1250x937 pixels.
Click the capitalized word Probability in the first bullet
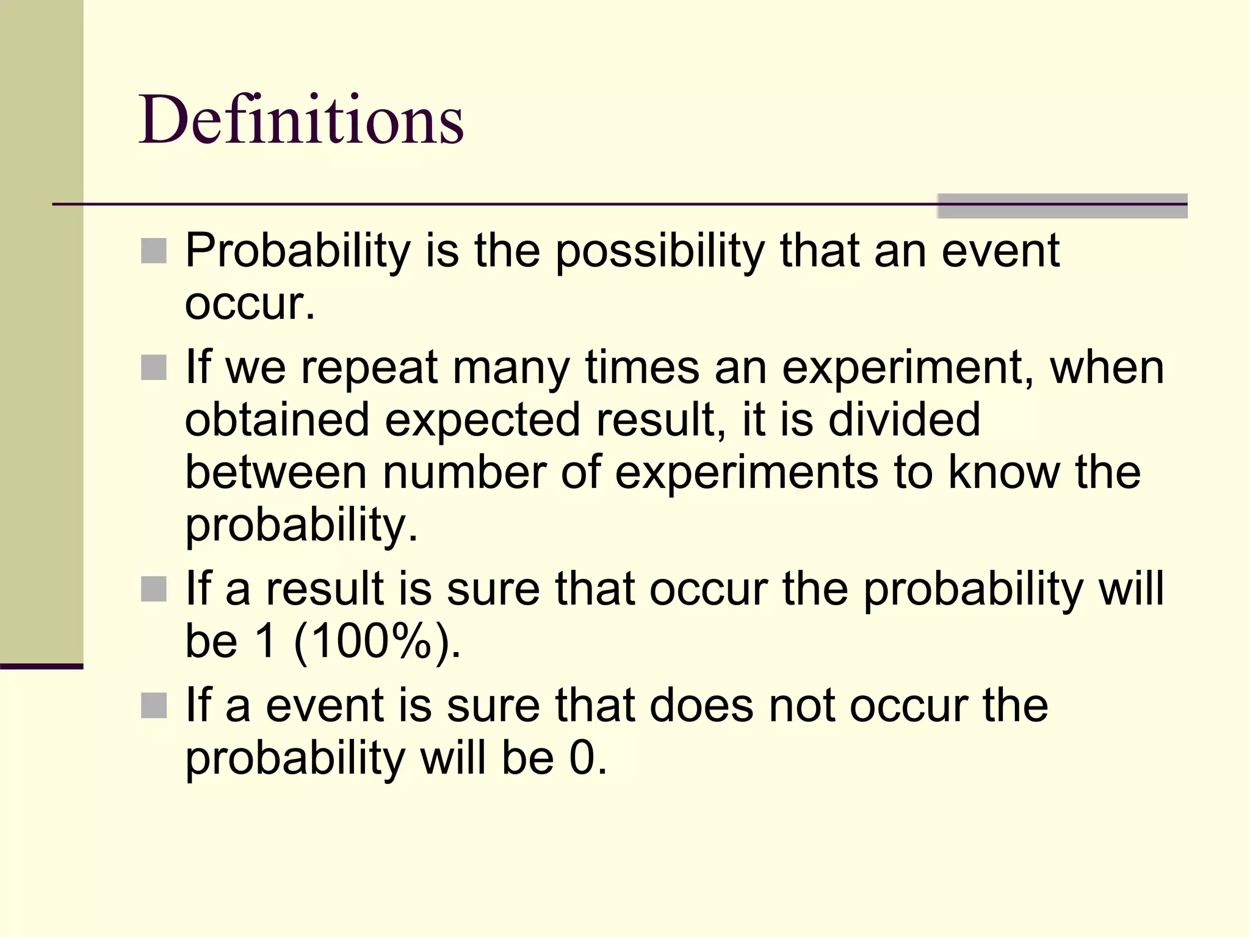click(298, 251)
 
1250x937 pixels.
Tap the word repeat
click(369, 368)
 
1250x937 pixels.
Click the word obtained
click(277, 420)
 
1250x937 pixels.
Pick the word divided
click(904, 420)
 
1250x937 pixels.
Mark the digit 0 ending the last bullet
click(582, 758)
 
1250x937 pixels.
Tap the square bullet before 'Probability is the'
click(154, 251)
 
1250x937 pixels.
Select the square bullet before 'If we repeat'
click(154, 368)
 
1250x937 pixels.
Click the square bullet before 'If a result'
click(154, 589)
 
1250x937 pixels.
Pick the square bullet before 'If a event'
click(154, 705)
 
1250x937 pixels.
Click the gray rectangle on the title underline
click(1062, 206)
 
